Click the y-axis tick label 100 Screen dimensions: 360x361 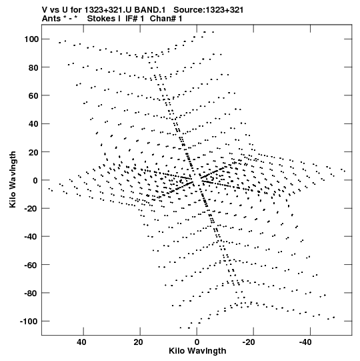[x=31, y=39]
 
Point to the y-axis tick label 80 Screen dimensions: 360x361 [x=33, y=67]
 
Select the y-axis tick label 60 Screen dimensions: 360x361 [x=33, y=95]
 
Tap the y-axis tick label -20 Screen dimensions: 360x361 [x=31, y=208]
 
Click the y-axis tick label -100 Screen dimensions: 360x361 [x=29, y=321]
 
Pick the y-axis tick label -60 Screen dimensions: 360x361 [x=31, y=265]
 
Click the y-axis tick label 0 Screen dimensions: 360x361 [x=36, y=180]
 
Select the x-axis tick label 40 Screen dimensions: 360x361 [x=81, y=342]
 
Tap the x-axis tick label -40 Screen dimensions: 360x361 [x=306, y=342]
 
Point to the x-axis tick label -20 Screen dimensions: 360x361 [x=249, y=342]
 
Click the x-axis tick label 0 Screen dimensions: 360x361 [x=197, y=342]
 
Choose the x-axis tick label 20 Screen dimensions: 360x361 [x=139, y=342]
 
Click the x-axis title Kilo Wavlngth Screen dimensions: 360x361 [x=197, y=351]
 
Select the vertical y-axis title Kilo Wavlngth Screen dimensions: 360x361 [x=13, y=179]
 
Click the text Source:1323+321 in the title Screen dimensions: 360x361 [x=209, y=10]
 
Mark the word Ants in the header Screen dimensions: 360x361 [x=52, y=19]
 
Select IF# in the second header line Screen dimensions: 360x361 [x=132, y=19]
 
